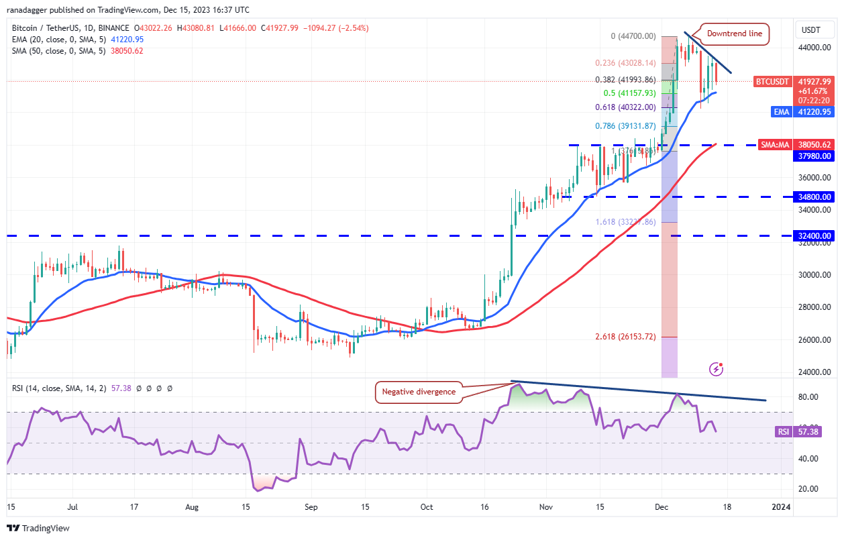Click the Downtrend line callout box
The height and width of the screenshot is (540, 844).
pos(735,34)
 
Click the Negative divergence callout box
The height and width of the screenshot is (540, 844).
pos(419,392)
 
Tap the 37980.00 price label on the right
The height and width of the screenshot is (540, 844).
pos(815,156)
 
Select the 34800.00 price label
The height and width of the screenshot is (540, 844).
pos(815,197)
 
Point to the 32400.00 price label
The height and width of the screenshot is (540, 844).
pos(815,236)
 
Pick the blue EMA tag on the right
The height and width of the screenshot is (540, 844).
pos(781,112)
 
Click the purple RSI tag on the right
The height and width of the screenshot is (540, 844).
pos(783,432)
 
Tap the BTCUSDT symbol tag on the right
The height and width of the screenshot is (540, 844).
pos(772,80)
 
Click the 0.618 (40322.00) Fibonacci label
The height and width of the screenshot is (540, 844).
pos(615,107)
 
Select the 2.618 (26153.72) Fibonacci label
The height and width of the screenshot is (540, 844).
pos(625,336)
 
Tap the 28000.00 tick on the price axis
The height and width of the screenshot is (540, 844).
pos(813,307)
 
